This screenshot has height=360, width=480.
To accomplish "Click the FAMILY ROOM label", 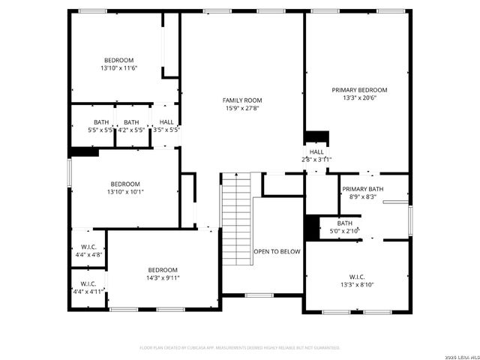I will [x=241, y=100].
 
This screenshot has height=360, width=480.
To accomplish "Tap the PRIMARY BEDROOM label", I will [x=359, y=89].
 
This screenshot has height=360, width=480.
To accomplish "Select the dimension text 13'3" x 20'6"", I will [x=359, y=97].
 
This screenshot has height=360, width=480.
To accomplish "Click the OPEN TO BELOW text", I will [x=277, y=252].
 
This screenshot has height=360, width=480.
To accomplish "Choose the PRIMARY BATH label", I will [x=362, y=188].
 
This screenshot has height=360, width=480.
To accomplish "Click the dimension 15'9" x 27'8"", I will [x=241, y=108].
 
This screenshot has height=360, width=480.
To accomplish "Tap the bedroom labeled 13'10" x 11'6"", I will [x=119, y=64].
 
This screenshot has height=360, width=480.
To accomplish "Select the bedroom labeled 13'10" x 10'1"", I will [x=125, y=187].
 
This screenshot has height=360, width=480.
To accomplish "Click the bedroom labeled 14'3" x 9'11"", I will [x=162, y=274].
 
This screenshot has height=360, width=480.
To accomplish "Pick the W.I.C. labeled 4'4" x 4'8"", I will [x=88, y=250].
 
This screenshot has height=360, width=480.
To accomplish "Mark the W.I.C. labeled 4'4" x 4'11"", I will [x=88, y=287].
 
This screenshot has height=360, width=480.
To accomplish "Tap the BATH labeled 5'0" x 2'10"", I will [x=344, y=227].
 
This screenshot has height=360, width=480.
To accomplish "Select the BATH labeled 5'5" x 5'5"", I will [x=100, y=126].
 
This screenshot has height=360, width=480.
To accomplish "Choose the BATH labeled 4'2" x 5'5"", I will [x=131, y=126].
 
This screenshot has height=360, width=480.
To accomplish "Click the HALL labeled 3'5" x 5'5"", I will [x=166, y=126].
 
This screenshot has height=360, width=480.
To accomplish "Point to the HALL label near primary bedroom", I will [x=317, y=154].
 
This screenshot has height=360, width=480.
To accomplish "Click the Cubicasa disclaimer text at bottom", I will [x=240, y=347].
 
